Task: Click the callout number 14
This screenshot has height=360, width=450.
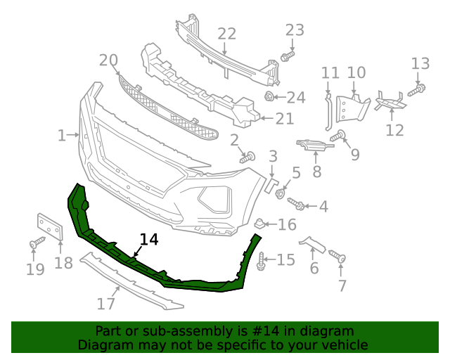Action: [149, 239]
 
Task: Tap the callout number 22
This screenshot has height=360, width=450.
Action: [226, 34]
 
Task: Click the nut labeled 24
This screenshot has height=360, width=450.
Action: [269, 96]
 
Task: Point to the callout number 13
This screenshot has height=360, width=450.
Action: [420, 64]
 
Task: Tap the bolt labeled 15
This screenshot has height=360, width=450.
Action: [262, 262]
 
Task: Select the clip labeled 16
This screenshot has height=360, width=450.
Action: [259, 224]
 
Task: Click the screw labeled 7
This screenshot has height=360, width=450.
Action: [341, 259]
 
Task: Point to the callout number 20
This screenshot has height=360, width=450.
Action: [108, 60]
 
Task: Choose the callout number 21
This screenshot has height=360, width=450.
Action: [284, 119]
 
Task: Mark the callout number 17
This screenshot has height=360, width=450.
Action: [105, 304]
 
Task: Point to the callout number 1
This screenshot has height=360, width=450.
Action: [62, 134]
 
